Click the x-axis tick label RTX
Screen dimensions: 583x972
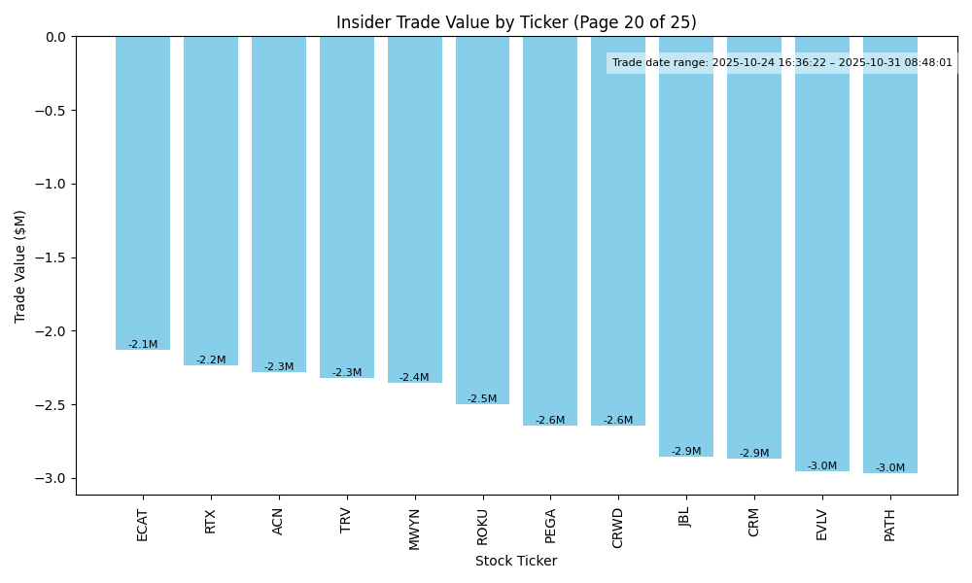pos(211,522)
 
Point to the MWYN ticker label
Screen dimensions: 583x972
pos(415,529)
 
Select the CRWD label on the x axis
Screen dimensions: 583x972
pos(618,528)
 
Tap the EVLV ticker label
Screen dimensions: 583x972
pos(822,525)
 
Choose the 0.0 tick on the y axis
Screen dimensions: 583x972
pos(55,37)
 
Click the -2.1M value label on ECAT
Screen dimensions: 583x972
pos(143,345)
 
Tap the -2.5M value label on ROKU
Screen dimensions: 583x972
pos(482,399)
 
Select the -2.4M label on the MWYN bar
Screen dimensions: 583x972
pos(414,378)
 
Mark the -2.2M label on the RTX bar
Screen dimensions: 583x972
pos(211,360)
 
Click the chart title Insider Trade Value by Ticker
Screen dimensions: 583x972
pos(516,22)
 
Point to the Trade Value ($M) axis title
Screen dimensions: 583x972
pos(20,266)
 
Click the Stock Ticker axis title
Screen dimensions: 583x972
pos(516,561)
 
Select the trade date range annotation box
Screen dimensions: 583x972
pos(781,63)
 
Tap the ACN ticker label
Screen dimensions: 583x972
pos(279,522)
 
